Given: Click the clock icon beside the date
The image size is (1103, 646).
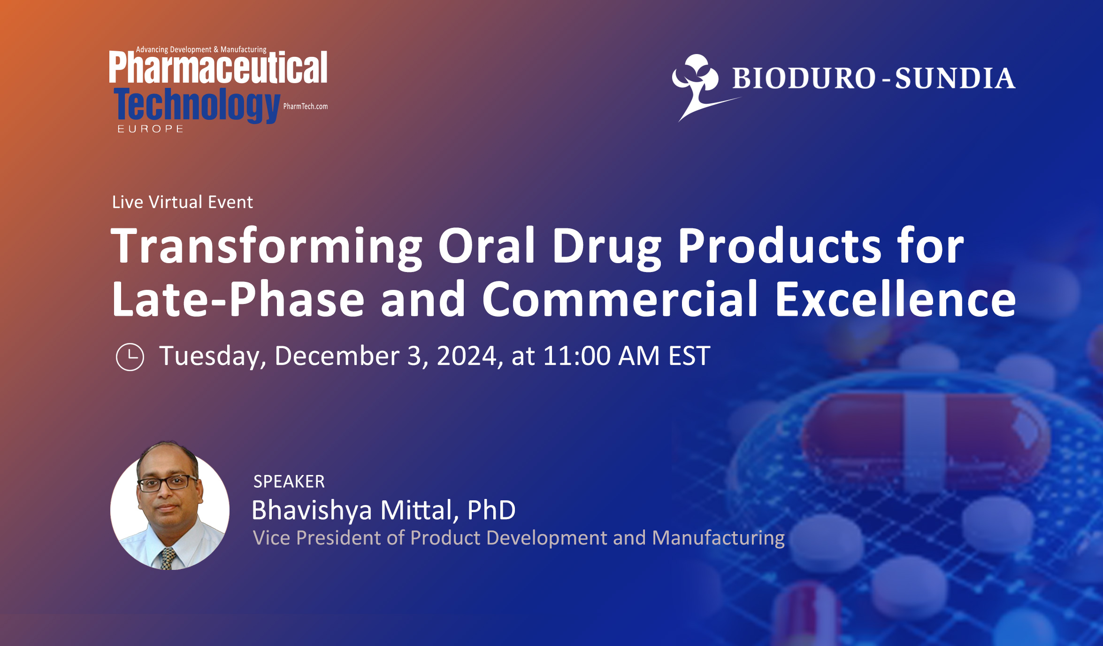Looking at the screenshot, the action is tap(130, 357).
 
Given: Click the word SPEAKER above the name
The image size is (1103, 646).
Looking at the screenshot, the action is tap(289, 482).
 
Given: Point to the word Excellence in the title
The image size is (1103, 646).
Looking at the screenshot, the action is tap(895, 299).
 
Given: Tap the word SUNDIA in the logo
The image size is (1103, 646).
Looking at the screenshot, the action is tap(955, 78).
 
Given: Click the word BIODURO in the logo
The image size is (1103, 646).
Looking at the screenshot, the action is tap(804, 78).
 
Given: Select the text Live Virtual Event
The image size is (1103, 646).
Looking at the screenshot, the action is tap(183, 202).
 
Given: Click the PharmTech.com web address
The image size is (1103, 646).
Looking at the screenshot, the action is tap(306, 106).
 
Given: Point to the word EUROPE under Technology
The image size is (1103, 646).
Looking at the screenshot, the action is tap(150, 129).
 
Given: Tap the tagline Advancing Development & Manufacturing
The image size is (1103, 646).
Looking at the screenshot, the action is tap(201, 49).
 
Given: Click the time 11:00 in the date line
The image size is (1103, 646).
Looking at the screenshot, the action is tap(577, 356).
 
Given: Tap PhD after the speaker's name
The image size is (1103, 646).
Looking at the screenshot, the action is tap(491, 510).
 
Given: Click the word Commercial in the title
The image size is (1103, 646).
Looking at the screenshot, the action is tap(620, 299).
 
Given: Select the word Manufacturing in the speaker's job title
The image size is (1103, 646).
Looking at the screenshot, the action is tap(718, 538).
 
